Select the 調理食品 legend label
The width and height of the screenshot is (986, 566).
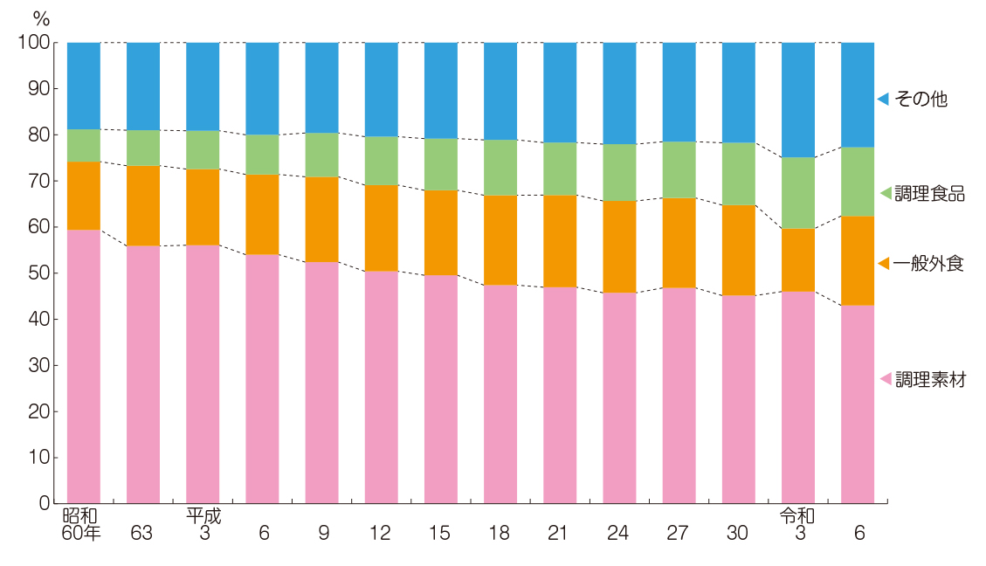pyautogui.click(x=929, y=194)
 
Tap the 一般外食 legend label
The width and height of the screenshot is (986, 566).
pyautogui.click(x=929, y=264)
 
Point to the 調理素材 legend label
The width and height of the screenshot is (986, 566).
pyautogui.click(x=929, y=380)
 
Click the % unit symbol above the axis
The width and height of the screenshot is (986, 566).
pyautogui.click(x=41, y=17)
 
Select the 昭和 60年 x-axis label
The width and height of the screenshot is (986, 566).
pyautogui.click(x=82, y=524)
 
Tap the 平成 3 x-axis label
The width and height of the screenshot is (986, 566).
pyautogui.click(x=203, y=524)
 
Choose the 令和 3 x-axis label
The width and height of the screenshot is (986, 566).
pyautogui.click(x=798, y=524)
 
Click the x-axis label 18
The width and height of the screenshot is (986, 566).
pyautogui.click(x=500, y=533)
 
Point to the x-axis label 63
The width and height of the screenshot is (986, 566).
pyautogui.click(x=142, y=533)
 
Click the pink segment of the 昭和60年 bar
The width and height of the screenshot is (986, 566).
pyautogui.click(x=84, y=367)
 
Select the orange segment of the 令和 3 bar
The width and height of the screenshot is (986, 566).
pyautogui.click(x=798, y=259)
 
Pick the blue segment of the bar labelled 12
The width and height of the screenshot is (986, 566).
pyautogui.click(x=381, y=89)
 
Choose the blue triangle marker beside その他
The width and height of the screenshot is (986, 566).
pyautogui.click(x=884, y=99)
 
